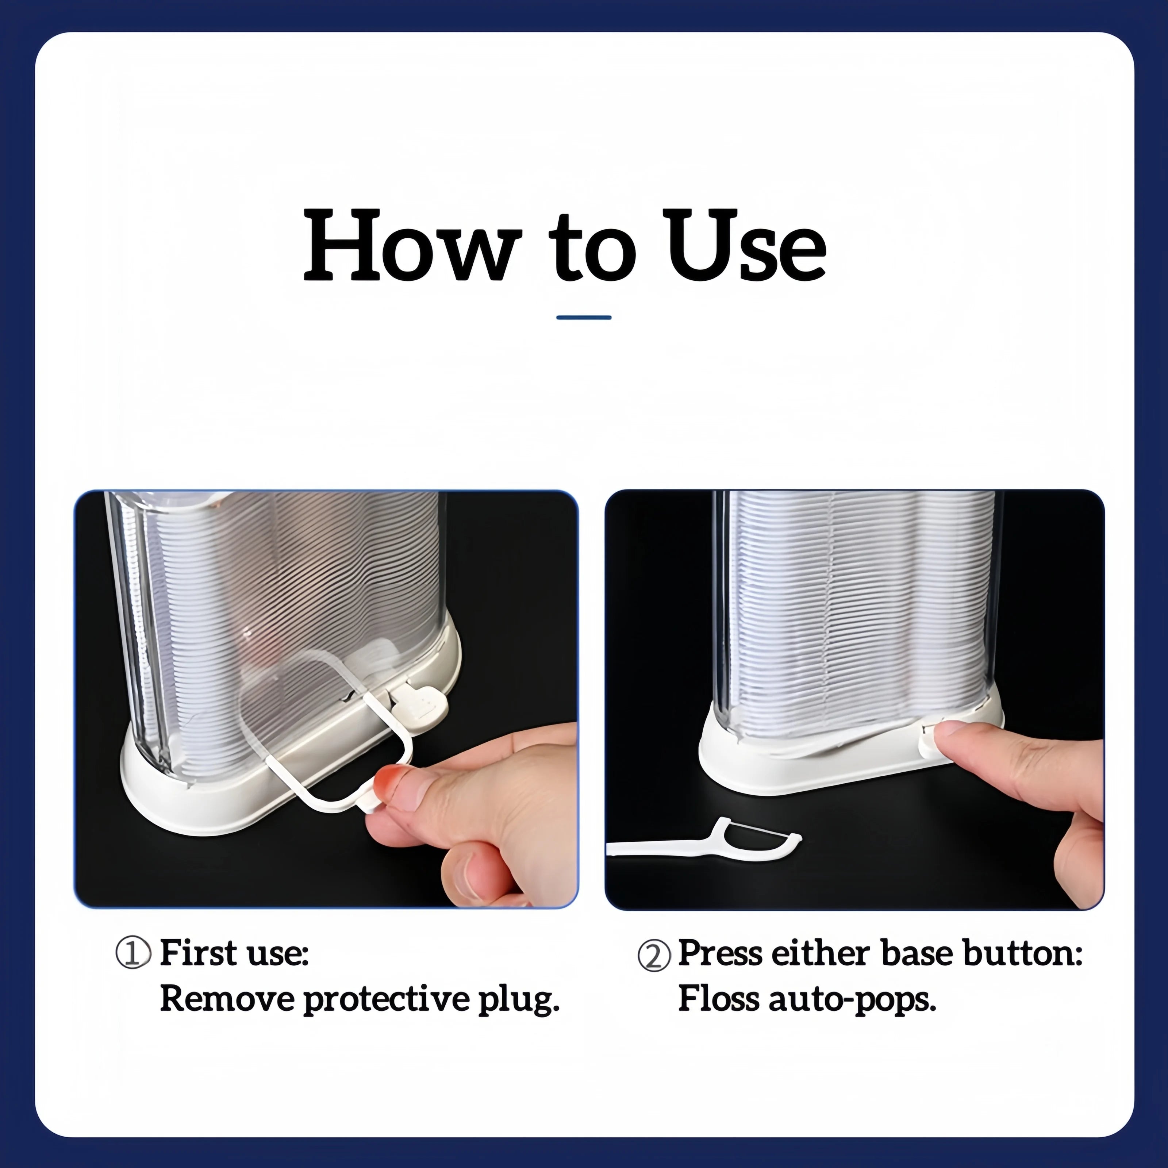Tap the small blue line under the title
(x=583, y=317)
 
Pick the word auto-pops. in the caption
(x=852, y=1000)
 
